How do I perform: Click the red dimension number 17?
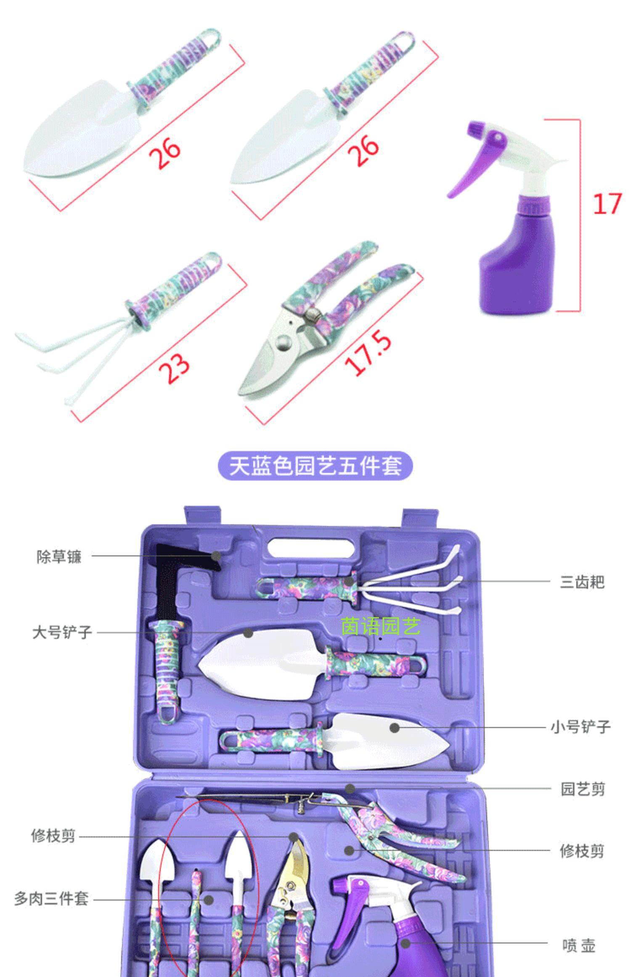point(607,204)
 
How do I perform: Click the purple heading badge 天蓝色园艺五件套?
point(315,466)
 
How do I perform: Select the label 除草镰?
point(58,557)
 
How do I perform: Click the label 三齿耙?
point(582,582)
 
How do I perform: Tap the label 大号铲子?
point(62,632)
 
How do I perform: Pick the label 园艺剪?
point(583,789)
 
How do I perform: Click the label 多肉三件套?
point(51,898)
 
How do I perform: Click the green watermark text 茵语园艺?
point(380,627)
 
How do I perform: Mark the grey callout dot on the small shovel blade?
point(394,727)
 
